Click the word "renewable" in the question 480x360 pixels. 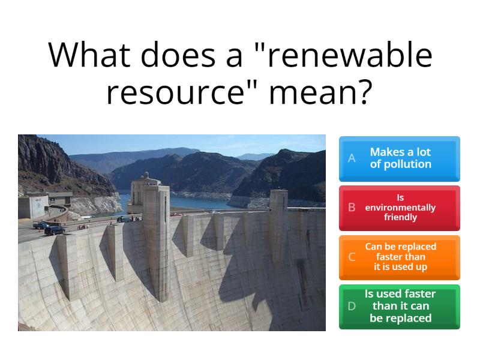pos(349,55)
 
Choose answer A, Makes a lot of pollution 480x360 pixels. pos(400,158)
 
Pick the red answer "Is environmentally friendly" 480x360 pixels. pos(400,208)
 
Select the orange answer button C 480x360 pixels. pos(400,257)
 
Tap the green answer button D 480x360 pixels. pos(400,307)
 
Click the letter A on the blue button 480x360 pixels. pos(352,158)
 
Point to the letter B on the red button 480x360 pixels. pos(352,208)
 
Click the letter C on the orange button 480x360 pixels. pos(352,257)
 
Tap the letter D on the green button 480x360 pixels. pos(352,307)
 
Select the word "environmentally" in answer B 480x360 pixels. pos(400,208)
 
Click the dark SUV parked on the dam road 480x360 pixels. pos(55,229)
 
